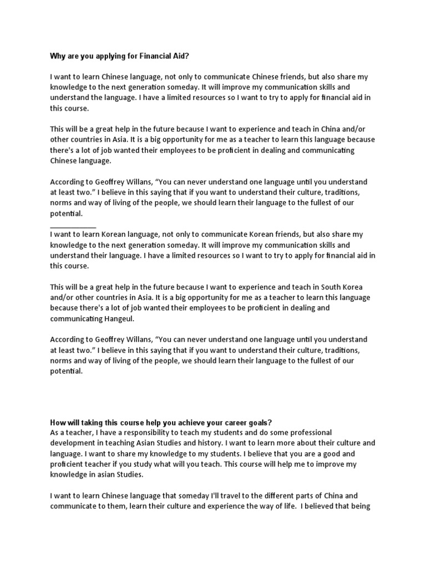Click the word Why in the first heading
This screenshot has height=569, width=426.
click(x=58, y=56)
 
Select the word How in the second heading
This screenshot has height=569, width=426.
click(x=58, y=422)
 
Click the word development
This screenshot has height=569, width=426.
click(x=74, y=443)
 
